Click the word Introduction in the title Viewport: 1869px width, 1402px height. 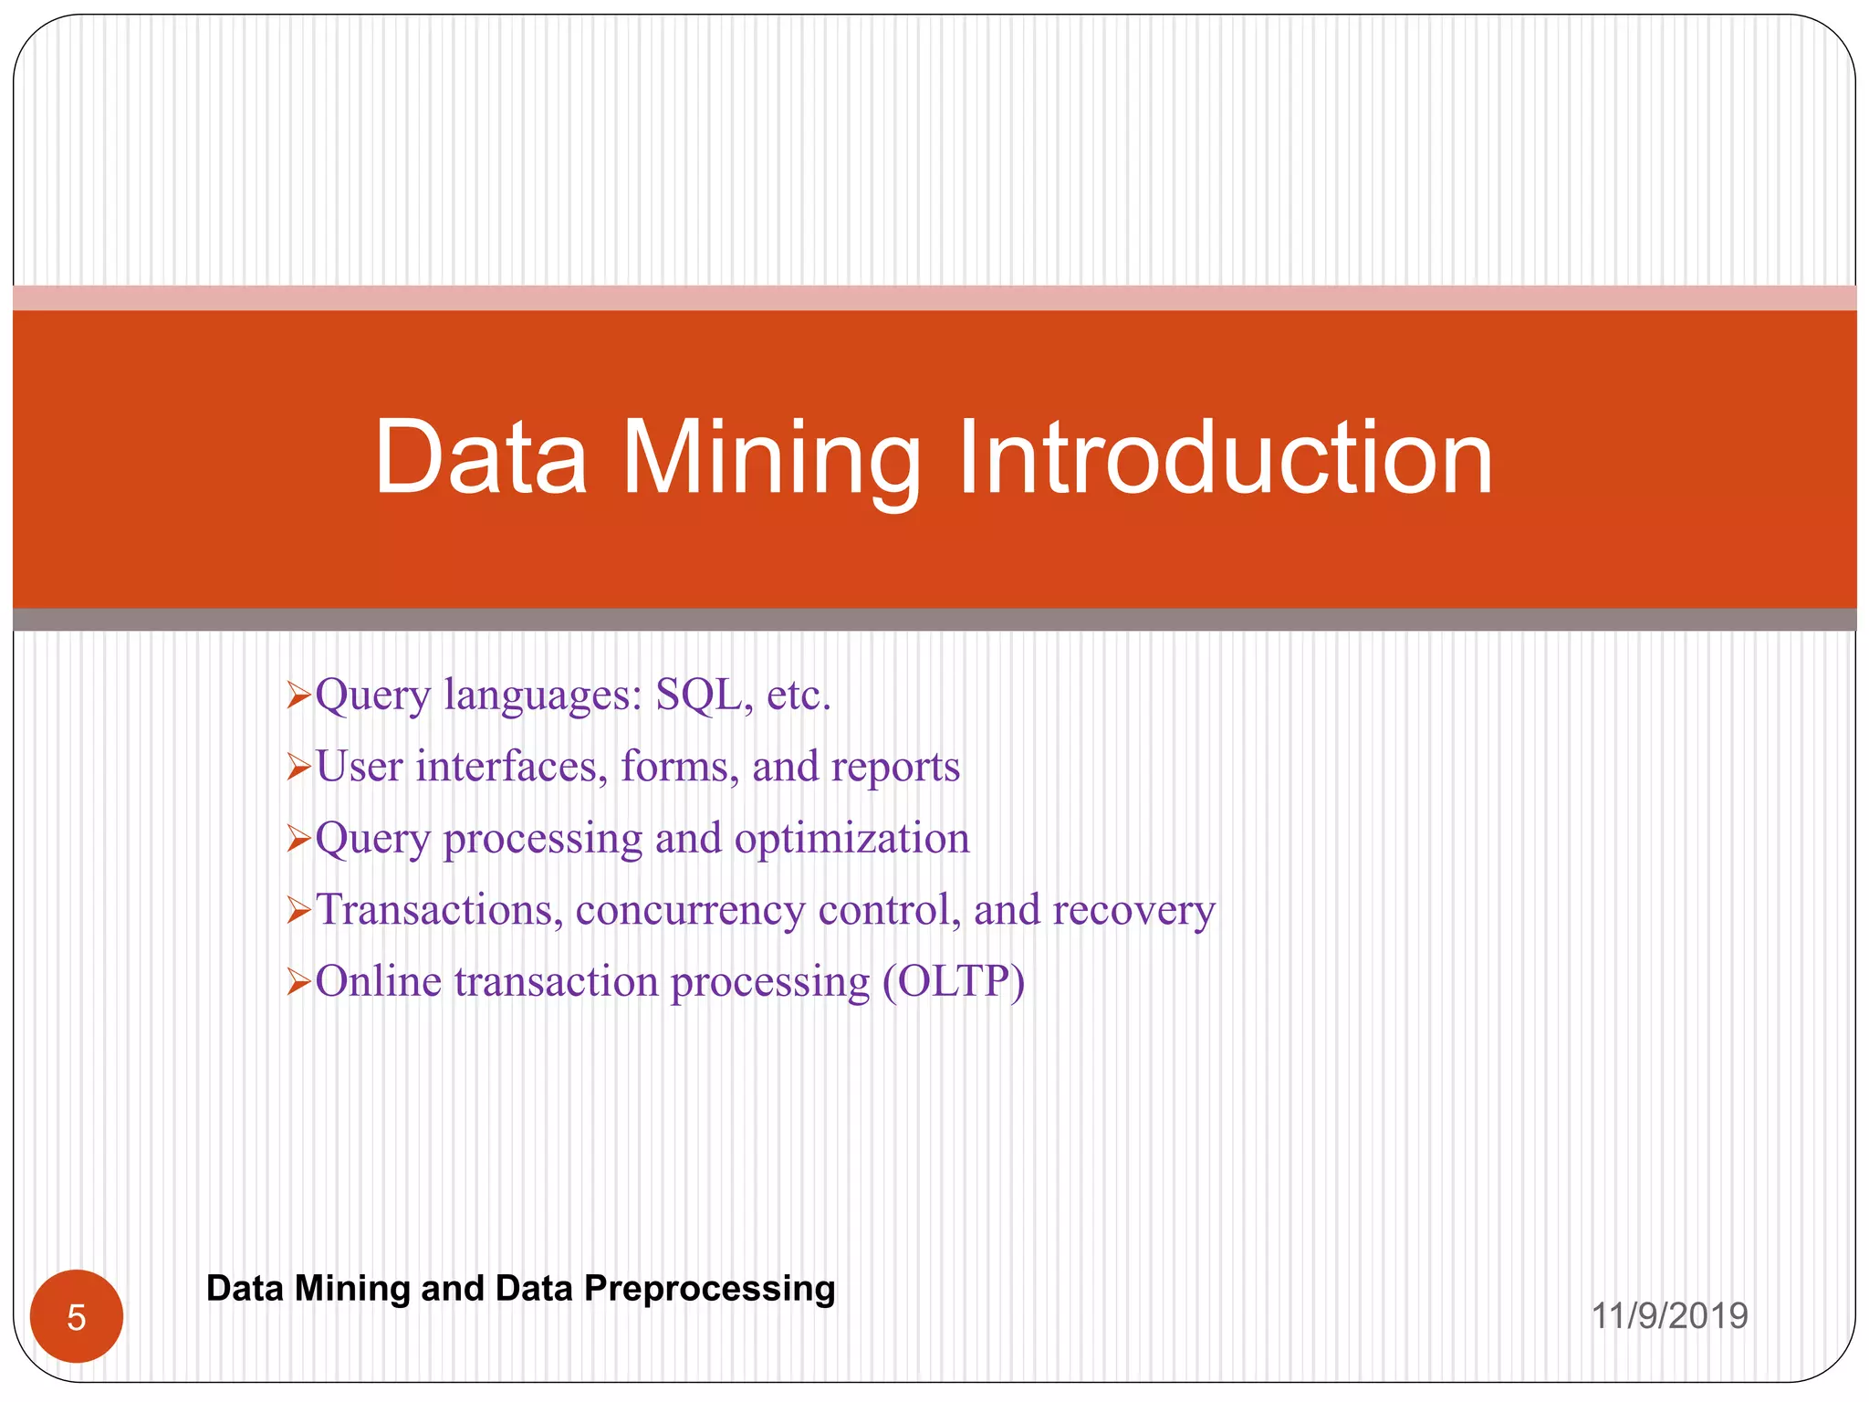click(x=1225, y=458)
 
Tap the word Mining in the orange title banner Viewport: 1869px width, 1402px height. click(x=771, y=458)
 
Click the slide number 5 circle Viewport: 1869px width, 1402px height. click(x=77, y=1316)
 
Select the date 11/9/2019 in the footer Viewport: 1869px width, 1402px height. click(x=1669, y=1316)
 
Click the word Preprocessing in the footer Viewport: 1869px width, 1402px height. click(x=709, y=1289)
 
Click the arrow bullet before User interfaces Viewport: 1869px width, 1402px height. click(x=299, y=768)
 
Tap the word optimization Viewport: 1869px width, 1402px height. click(x=851, y=839)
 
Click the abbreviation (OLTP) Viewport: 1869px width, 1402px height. click(x=953, y=982)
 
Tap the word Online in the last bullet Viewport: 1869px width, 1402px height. click(x=378, y=982)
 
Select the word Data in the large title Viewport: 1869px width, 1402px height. click(x=480, y=458)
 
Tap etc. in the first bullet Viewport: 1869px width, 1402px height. click(x=799, y=696)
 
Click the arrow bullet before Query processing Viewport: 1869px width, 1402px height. click(x=299, y=839)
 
